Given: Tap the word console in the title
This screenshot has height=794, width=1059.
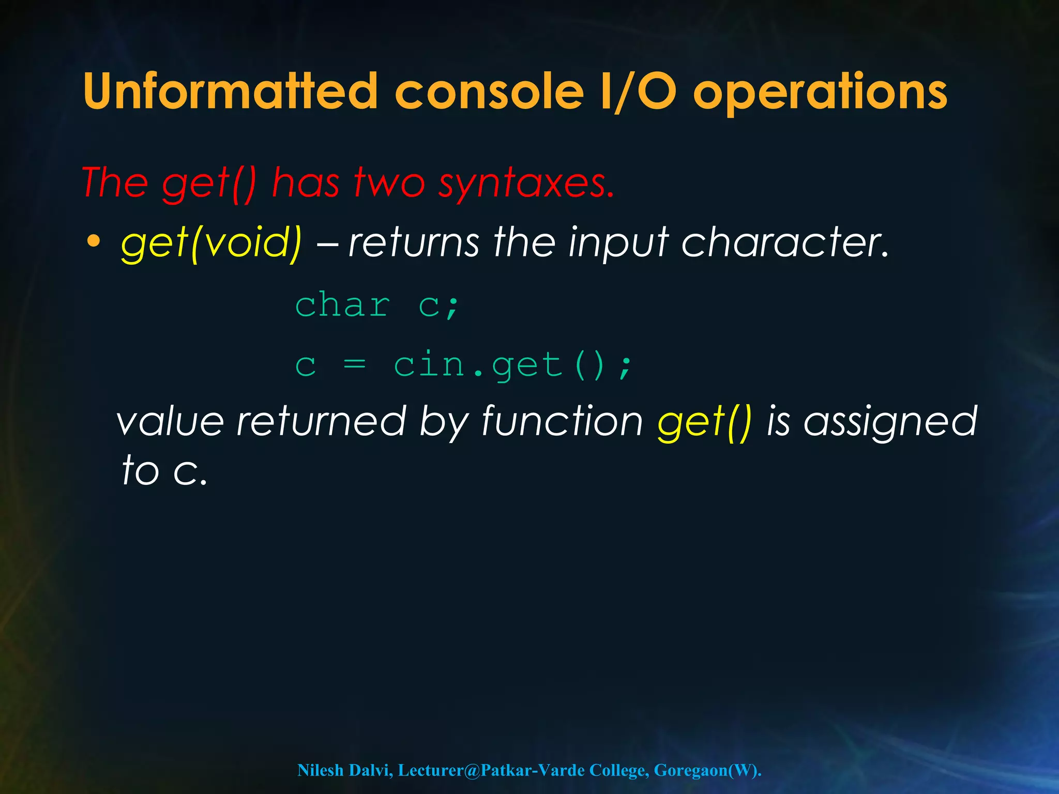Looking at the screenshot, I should click(489, 91).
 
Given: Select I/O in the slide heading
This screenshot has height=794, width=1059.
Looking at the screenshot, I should click(639, 91).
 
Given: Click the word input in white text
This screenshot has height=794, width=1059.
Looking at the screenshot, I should click(618, 243).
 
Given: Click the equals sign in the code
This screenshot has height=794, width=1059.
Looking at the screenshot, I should click(355, 364).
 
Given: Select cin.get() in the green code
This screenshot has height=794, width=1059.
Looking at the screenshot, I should click(512, 365).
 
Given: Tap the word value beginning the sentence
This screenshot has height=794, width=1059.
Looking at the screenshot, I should click(171, 421).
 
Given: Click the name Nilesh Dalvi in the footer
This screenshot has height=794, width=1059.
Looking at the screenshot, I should click(345, 770).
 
